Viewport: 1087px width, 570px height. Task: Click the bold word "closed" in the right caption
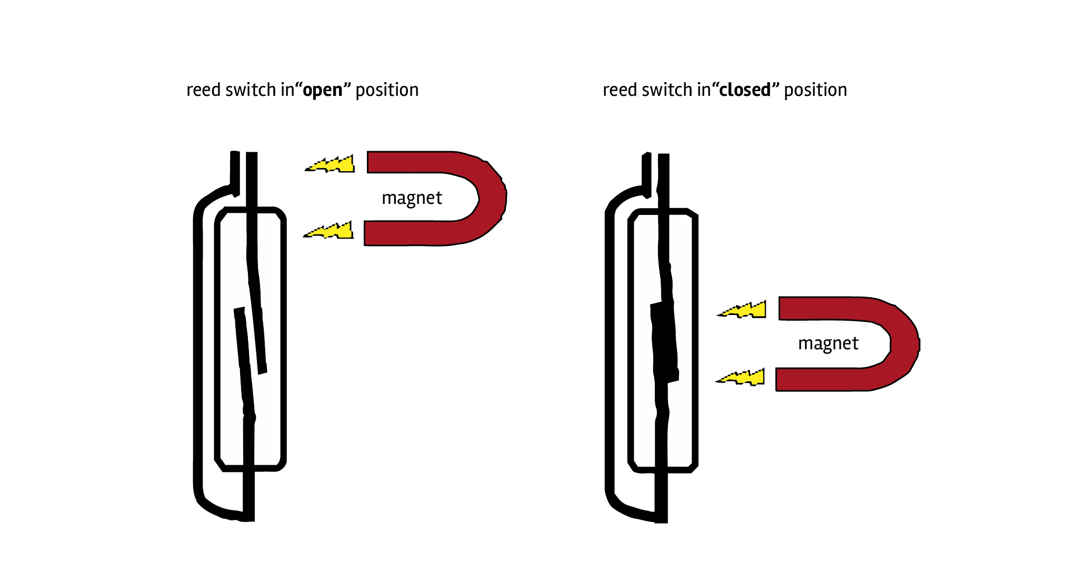[x=745, y=90]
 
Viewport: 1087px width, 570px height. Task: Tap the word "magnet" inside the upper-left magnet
[x=412, y=198]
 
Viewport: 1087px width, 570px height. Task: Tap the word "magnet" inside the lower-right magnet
[x=828, y=343]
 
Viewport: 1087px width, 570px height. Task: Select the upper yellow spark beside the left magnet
[x=331, y=164]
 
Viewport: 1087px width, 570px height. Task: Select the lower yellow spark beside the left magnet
[x=329, y=230]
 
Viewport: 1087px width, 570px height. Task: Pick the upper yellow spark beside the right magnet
[x=742, y=309]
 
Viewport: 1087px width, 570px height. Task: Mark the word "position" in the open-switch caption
[x=387, y=91]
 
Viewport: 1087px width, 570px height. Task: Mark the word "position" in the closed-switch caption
[x=815, y=91]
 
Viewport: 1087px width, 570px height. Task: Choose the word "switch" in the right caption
[x=665, y=90]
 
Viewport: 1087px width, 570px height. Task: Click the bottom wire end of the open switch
[x=249, y=518]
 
